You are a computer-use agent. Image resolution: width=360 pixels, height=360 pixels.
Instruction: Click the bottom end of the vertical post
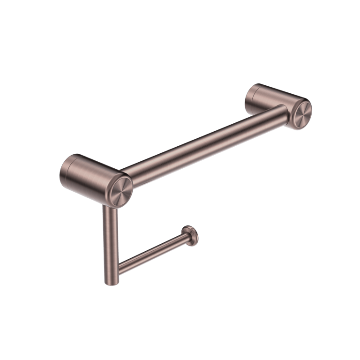click(112, 280)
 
